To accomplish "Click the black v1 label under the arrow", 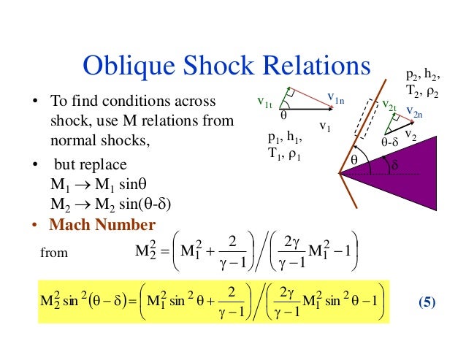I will [x=325, y=125].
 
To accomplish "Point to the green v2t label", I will [x=389, y=106].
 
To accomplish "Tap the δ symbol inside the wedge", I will [x=397, y=166].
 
